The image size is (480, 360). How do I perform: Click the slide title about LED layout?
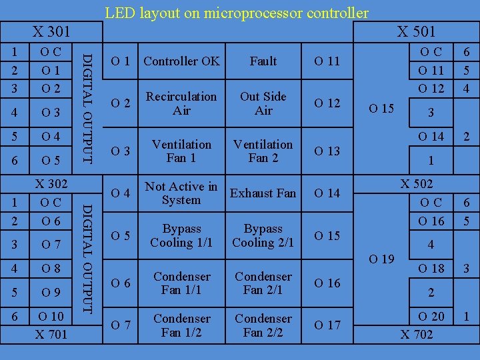point(237,13)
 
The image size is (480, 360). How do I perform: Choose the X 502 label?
point(416,184)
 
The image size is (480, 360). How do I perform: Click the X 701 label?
point(51,333)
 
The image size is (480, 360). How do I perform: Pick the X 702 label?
point(416,334)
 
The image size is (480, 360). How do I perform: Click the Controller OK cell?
point(181,61)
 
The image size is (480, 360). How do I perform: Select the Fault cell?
point(263,61)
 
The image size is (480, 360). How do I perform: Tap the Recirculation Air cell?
point(181,103)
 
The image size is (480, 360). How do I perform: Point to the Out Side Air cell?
point(263,103)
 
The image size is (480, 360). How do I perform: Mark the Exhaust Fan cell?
point(263,193)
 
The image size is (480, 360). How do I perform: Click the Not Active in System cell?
point(181,193)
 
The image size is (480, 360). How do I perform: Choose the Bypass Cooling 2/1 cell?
point(263,235)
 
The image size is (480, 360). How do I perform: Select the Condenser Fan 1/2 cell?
point(181,325)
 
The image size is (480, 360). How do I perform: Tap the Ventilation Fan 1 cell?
point(181,151)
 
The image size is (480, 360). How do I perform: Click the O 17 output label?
point(327,325)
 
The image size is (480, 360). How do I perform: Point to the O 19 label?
point(381,259)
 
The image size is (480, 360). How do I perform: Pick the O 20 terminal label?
point(431,317)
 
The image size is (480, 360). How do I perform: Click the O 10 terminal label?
point(51,317)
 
